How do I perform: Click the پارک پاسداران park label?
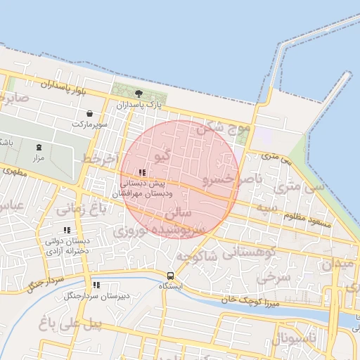pos(139,105)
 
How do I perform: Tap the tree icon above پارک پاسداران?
pos(139,93)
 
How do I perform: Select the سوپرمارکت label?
pos(89,124)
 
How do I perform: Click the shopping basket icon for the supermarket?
pos(89,113)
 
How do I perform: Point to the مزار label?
pos(39,159)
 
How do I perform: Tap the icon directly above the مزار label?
pos(39,148)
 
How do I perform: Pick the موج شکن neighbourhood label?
pos(224,129)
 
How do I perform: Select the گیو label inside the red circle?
pos(161,155)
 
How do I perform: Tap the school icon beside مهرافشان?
pos(142,172)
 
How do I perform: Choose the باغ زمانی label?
pos(80,208)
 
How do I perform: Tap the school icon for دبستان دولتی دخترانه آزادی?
pos(67,230)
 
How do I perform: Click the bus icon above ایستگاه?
pos(170,276)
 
